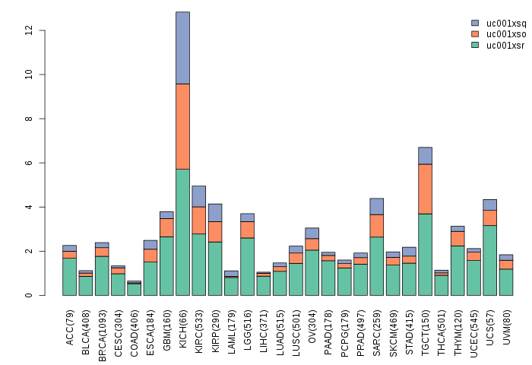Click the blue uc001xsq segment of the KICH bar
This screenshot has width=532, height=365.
click(182, 47)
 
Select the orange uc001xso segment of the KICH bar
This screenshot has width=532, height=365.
click(182, 126)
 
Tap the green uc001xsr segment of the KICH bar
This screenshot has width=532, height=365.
click(182, 232)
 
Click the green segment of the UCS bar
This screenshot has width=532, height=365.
click(489, 260)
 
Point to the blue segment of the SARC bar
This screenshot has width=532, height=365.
click(376, 206)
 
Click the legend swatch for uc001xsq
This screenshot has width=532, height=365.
click(475, 24)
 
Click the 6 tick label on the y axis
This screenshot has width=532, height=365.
click(29, 163)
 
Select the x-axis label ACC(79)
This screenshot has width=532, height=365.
click(70, 328)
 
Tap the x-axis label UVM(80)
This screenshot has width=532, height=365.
click(506, 328)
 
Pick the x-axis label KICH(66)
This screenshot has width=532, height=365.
click(182, 328)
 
